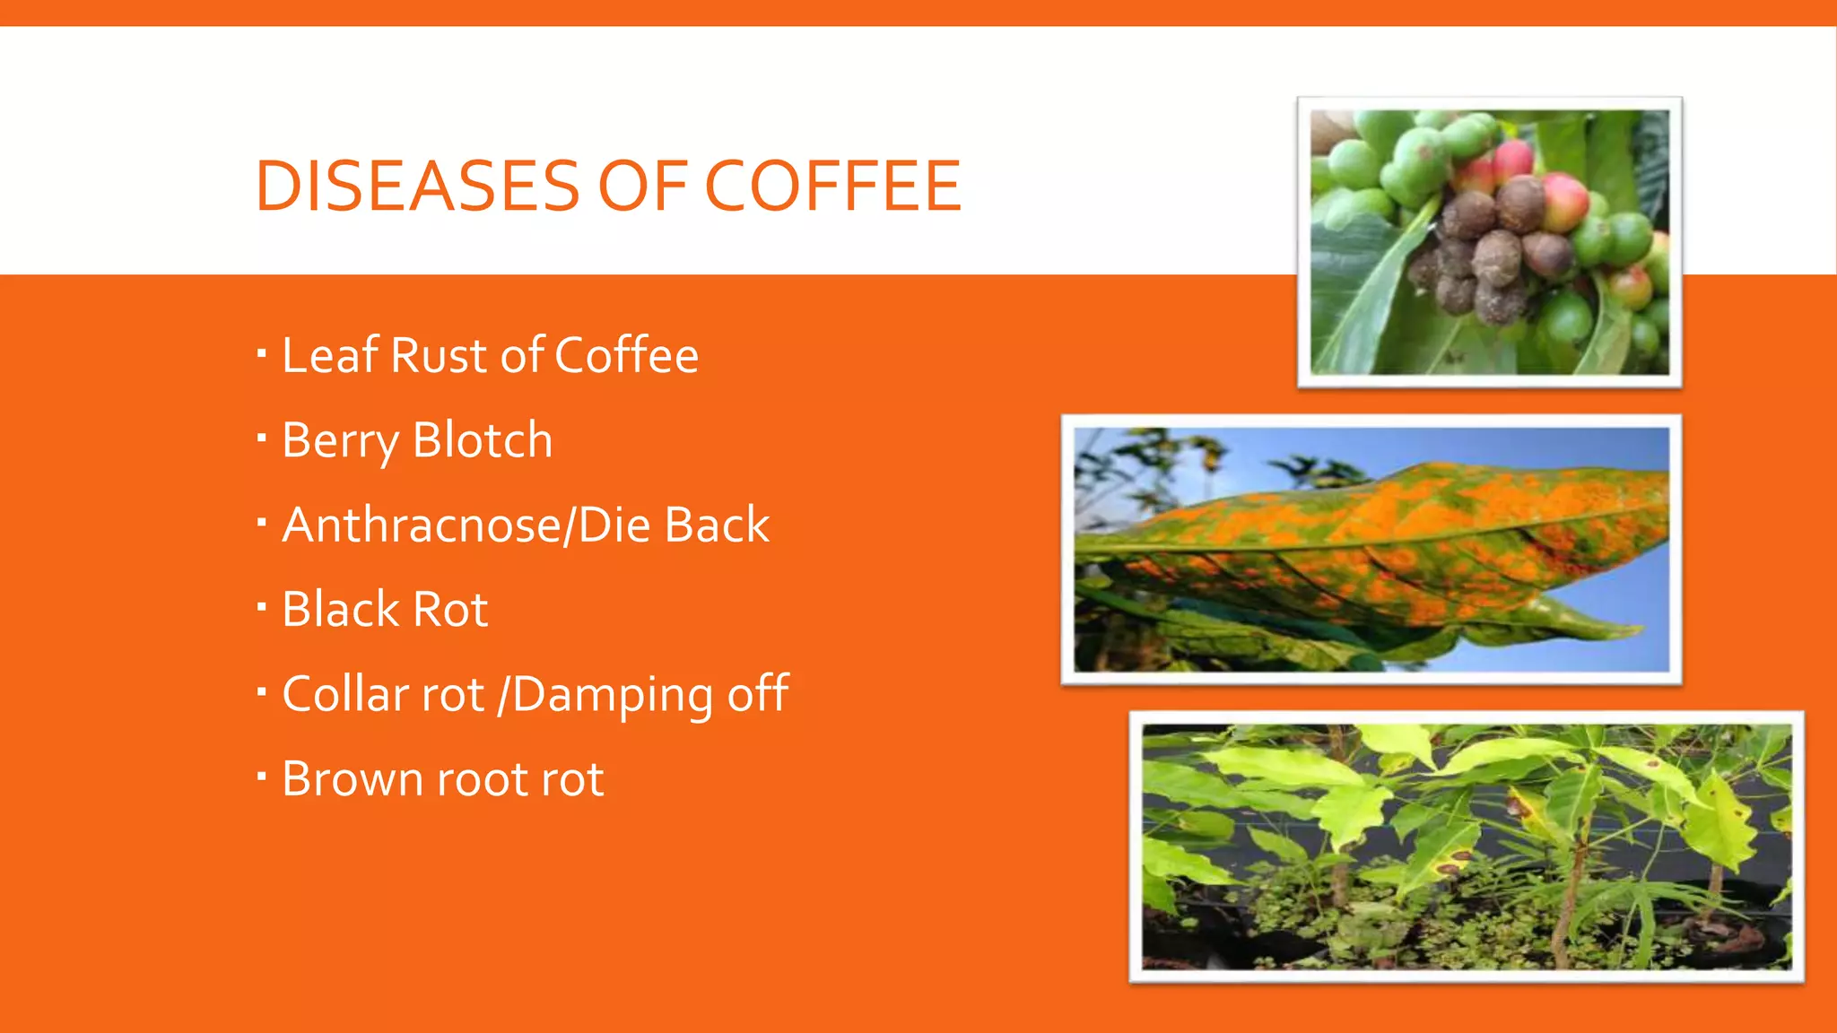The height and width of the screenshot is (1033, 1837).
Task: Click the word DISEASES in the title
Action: (x=418, y=187)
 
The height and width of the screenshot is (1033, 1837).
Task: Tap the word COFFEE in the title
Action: (x=833, y=187)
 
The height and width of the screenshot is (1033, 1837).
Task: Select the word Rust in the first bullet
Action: (x=439, y=355)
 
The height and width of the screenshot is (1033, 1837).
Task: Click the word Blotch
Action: (x=483, y=440)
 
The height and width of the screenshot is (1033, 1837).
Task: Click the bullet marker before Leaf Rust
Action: (x=262, y=353)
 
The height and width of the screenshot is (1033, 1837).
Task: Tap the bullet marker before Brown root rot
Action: (x=262, y=777)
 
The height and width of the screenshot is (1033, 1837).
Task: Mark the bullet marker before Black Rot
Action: (x=262, y=607)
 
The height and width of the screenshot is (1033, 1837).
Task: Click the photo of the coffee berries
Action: (x=1489, y=242)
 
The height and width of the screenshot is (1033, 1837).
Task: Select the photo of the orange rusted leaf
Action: (x=1371, y=550)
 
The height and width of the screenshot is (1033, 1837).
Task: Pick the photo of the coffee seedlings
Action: (x=1466, y=846)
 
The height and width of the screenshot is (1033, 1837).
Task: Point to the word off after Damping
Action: (x=758, y=694)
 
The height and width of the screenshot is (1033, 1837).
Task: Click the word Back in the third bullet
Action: (x=717, y=525)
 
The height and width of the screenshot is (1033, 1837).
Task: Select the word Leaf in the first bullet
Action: (x=329, y=355)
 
